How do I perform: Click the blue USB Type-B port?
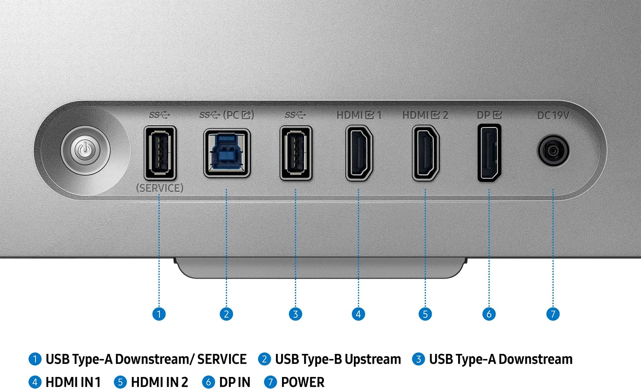pyautogui.click(x=227, y=153)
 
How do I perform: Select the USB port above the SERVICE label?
pyautogui.click(x=160, y=153)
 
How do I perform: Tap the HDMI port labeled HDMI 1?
pyautogui.click(x=359, y=153)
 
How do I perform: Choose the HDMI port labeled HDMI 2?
pyautogui.click(x=426, y=153)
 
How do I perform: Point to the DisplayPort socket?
pyautogui.click(x=489, y=153)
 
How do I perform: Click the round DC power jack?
pyautogui.click(x=553, y=150)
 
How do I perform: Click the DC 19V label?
pyautogui.click(x=553, y=115)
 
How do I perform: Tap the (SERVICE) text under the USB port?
pyautogui.click(x=160, y=188)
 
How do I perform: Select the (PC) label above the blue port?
pyautogui.click(x=238, y=115)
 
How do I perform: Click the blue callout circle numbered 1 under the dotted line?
pyautogui.click(x=159, y=314)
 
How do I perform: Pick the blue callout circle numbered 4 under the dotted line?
pyautogui.click(x=358, y=314)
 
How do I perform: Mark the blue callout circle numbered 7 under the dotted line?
pyautogui.click(x=553, y=314)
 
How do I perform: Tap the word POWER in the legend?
pyautogui.click(x=303, y=382)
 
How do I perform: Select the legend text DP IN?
pyautogui.click(x=235, y=382)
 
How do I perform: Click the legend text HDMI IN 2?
pyautogui.click(x=159, y=382)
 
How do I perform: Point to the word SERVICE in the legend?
pyautogui.click(x=222, y=359)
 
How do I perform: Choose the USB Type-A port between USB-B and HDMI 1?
pyautogui.click(x=296, y=153)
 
